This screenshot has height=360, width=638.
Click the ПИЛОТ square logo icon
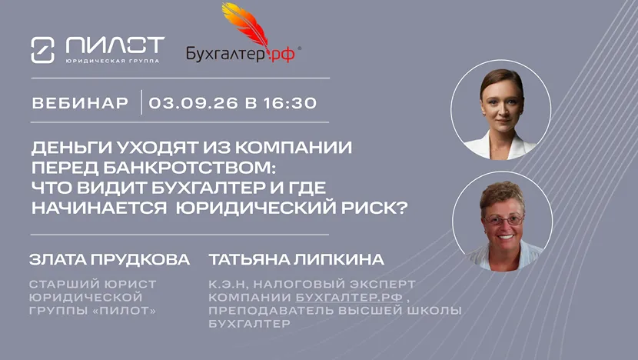[43, 50]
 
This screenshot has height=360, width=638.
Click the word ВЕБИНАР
[80, 103]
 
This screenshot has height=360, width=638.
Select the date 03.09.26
[193, 103]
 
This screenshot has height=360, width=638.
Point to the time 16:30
[290, 103]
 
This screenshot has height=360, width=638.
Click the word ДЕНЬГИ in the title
[71, 148]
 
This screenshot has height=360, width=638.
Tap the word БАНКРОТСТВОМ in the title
[189, 168]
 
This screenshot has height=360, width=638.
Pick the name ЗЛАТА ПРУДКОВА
[109, 260]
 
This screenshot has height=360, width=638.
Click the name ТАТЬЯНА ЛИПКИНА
[296, 260]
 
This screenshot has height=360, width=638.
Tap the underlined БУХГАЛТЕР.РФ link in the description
[349, 297]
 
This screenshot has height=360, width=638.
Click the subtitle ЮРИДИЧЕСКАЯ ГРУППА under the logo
[112, 61]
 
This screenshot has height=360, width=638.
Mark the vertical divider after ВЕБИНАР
[141, 102]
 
